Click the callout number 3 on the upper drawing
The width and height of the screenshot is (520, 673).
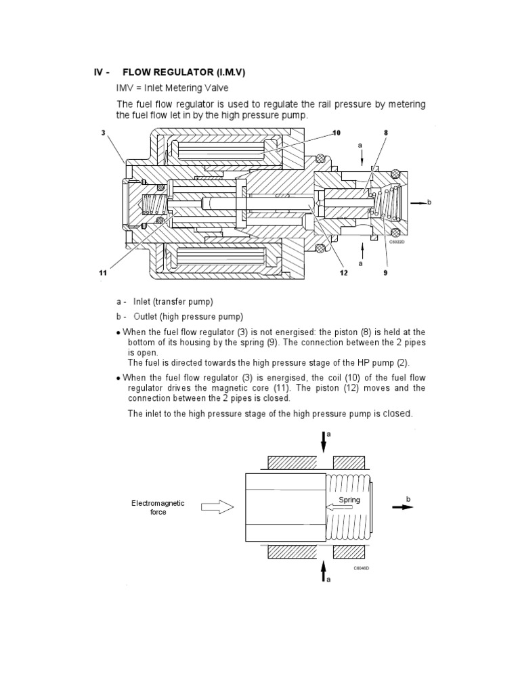104,133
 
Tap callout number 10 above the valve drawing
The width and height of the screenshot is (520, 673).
336,133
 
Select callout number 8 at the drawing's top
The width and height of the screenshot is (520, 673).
385,133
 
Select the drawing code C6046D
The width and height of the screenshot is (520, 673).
361,568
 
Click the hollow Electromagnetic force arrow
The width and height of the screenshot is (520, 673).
217,506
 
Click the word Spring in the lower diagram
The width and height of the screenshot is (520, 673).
350,500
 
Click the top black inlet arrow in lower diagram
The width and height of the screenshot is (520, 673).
323,441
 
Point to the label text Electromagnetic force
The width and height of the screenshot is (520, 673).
158,508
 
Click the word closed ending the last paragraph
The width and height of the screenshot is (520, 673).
397,413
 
